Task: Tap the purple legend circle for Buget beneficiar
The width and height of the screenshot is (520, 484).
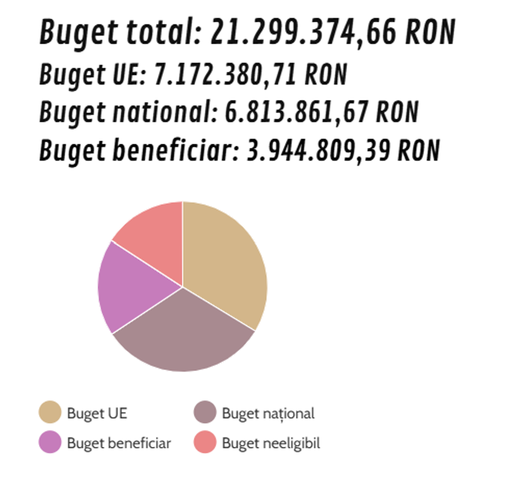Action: [50, 442]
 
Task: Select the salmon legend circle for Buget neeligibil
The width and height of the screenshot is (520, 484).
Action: [205, 442]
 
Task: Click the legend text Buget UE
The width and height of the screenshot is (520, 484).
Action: [97, 413]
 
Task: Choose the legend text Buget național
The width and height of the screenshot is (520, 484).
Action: [268, 413]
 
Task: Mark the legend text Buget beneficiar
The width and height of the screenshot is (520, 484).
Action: [119, 443]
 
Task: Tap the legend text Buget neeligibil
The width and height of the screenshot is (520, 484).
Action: [271, 443]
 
